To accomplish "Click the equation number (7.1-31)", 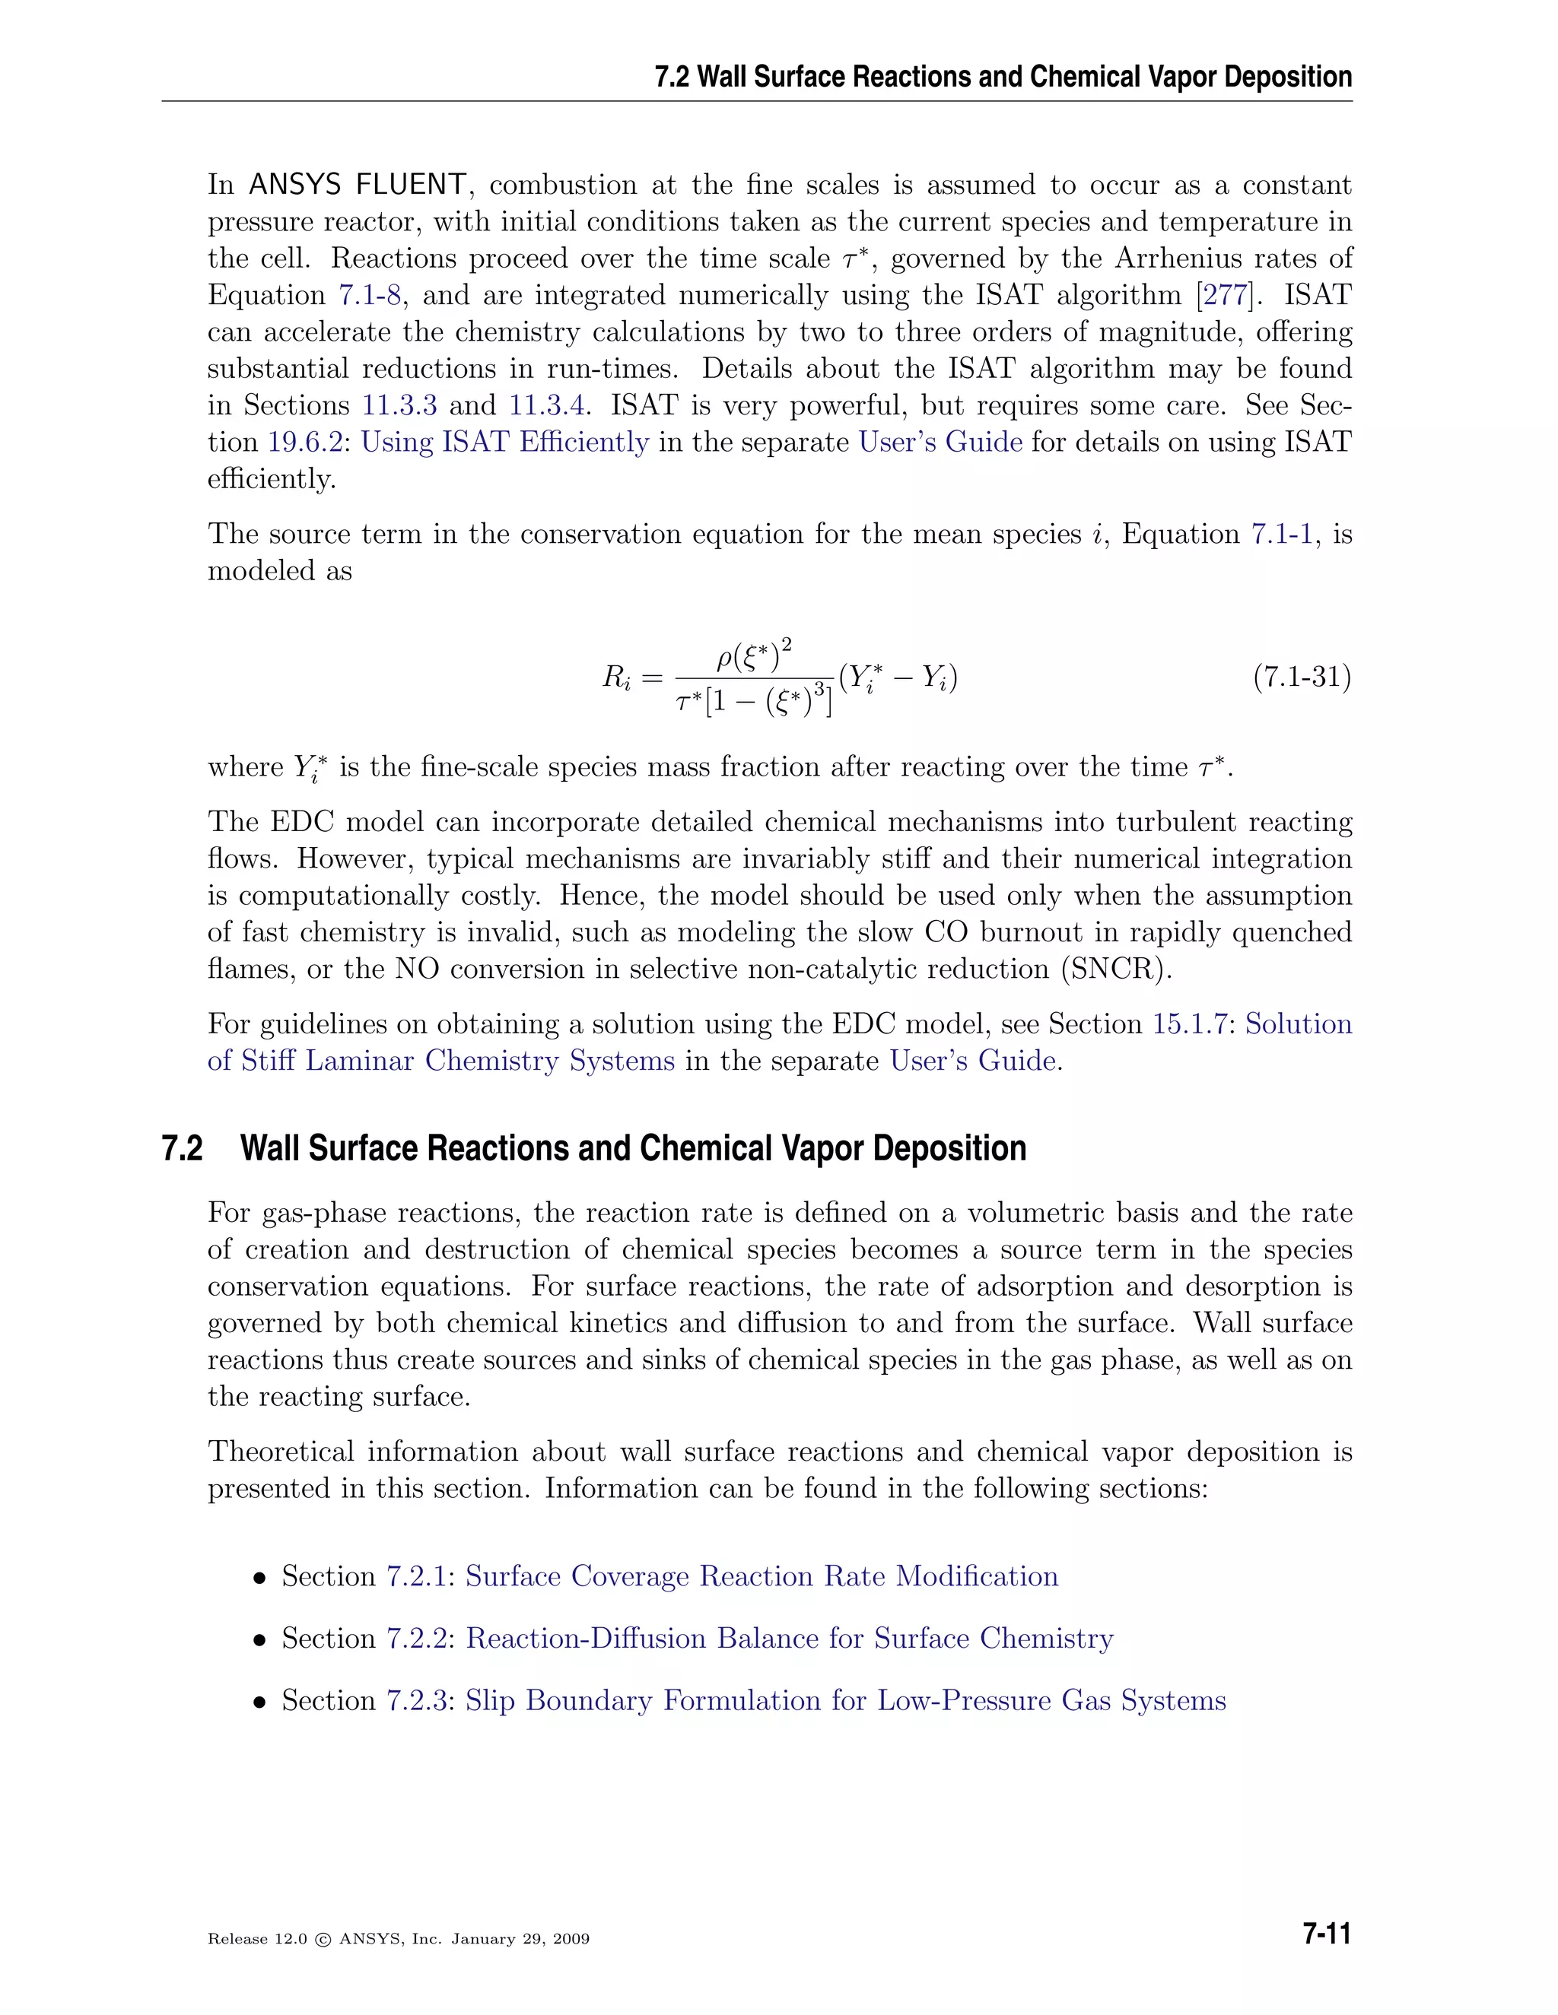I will (x=1302, y=678).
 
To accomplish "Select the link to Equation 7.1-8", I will (x=370, y=295).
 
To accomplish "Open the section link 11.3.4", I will (x=546, y=406).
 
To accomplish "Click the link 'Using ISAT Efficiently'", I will (x=505, y=443).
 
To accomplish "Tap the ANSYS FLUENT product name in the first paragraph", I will (x=358, y=186).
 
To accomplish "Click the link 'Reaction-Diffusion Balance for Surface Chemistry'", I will (x=789, y=1638).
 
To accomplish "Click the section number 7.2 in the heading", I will (x=182, y=1149).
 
